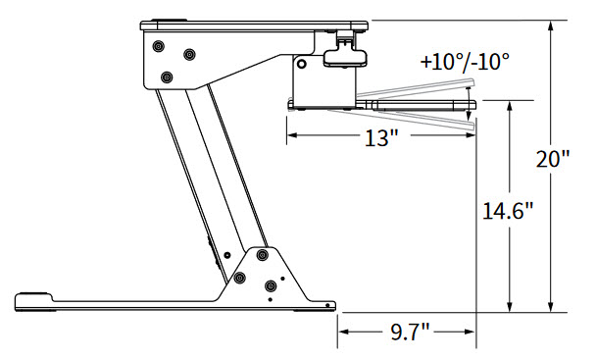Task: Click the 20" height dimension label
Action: coord(553,159)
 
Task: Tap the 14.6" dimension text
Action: coord(508,211)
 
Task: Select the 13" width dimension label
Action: coord(381,137)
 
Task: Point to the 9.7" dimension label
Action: coord(410,333)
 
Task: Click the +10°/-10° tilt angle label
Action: coord(465,61)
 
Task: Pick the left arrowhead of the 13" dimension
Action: coord(292,134)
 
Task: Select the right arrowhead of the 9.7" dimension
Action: coord(470,332)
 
